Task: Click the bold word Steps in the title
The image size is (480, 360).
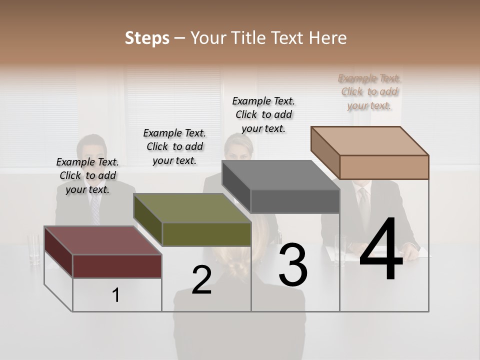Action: coord(147,38)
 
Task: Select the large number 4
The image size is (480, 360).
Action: coord(381,250)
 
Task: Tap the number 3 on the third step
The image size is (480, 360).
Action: coord(293,265)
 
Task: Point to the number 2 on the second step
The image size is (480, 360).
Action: coord(201,280)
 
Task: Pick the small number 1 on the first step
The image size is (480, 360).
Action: coord(116,295)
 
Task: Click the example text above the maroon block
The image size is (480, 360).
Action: coord(87,175)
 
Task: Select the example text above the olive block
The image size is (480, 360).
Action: coord(174,146)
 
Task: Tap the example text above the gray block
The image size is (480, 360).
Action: coord(263,114)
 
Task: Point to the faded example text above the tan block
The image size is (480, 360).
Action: coord(369,91)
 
